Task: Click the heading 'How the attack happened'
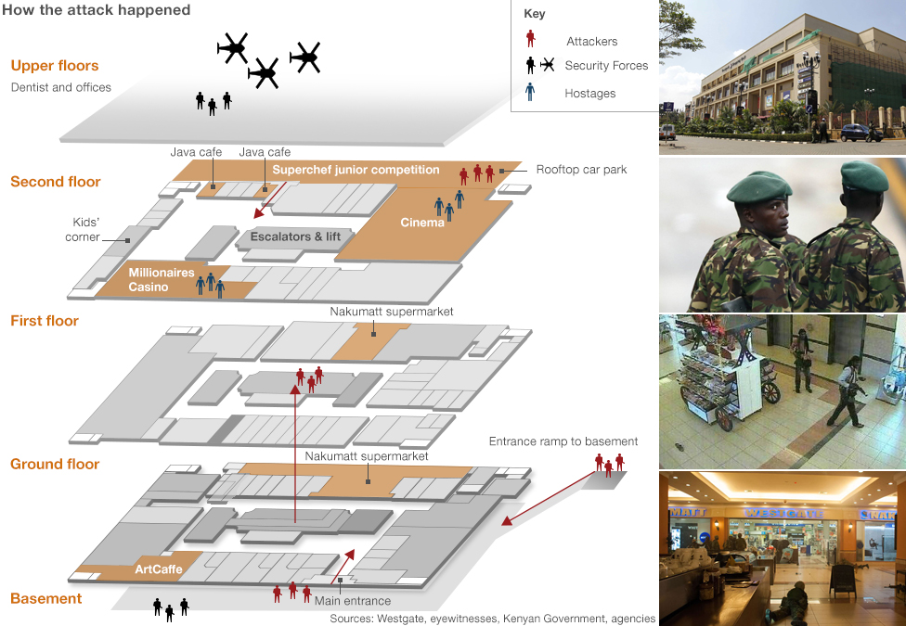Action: point(97,10)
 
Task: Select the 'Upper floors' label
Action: point(55,66)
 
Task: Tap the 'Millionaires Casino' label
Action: point(162,279)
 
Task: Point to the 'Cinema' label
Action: point(422,223)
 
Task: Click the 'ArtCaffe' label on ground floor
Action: point(156,568)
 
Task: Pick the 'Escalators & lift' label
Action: point(295,236)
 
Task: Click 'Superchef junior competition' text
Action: point(356,170)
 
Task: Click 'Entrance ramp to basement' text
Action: point(563,441)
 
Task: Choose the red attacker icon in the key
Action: point(530,39)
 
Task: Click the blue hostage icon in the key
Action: point(530,92)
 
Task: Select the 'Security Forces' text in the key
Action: point(606,66)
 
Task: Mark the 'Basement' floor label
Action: point(46,599)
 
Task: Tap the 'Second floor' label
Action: point(56,182)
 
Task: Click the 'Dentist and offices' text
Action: point(61,87)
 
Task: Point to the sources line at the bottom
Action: point(492,618)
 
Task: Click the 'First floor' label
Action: point(45,321)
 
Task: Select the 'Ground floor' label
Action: point(55,464)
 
